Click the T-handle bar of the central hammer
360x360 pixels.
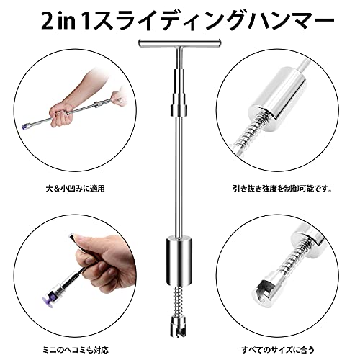[179, 43]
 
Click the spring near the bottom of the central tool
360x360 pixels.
[179, 301]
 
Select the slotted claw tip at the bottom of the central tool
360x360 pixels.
[179, 326]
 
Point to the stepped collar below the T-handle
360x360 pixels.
[179, 91]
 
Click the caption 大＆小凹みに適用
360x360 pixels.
[75, 189]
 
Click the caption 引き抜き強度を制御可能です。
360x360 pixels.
[282, 189]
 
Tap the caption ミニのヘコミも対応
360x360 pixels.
[76, 350]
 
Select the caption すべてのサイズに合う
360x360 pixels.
[278, 350]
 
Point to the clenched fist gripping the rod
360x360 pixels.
[60, 114]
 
